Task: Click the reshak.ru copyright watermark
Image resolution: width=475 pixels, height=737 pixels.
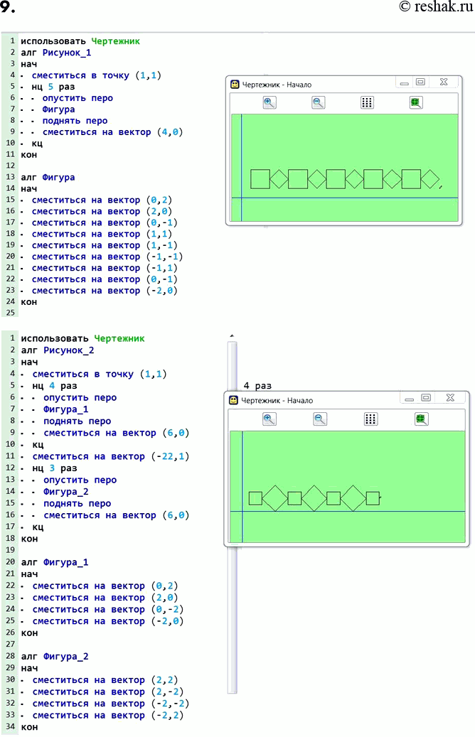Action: pyautogui.click(x=436, y=6)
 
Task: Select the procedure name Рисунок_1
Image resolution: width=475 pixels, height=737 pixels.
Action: pyautogui.click(x=67, y=53)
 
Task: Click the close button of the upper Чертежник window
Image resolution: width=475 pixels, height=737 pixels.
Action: pyautogui.click(x=444, y=82)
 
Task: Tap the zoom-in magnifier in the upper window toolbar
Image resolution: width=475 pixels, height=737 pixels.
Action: pyautogui.click(x=269, y=102)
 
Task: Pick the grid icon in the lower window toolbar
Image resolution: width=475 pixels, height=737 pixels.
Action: pyautogui.click(x=370, y=419)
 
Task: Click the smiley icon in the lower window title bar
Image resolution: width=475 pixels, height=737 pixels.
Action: pyautogui.click(x=233, y=400)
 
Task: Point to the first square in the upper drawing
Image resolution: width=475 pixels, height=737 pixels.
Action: pyautogui.click(x=260, y=179)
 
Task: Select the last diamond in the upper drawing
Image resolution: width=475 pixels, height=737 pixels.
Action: pyautogui.click(x=430, y=179)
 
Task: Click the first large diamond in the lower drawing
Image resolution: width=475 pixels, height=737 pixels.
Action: pyautogui.click(x=274, y=498)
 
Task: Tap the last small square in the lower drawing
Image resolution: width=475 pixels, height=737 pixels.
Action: pyautogui.click(x=373, y=498)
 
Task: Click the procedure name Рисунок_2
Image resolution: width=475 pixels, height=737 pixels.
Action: pyautogui.click(x=69, y=350)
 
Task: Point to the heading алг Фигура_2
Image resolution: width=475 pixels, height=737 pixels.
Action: pyautogui.click(x=55, y=657)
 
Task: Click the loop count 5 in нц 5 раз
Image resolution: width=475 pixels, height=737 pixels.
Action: pyautogui.click(x=50, y=87)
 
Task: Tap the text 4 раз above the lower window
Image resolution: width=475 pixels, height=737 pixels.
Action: pyautogui.click(x=257, y=386)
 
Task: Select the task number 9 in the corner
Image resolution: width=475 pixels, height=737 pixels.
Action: pyautogui.click(x=8, y=7)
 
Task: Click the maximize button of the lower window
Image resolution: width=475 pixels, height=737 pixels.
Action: pyautogui.click(x=426, y=398)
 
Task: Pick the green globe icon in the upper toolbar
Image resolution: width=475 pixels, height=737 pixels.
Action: pyautogui.click(x=416, y=102)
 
